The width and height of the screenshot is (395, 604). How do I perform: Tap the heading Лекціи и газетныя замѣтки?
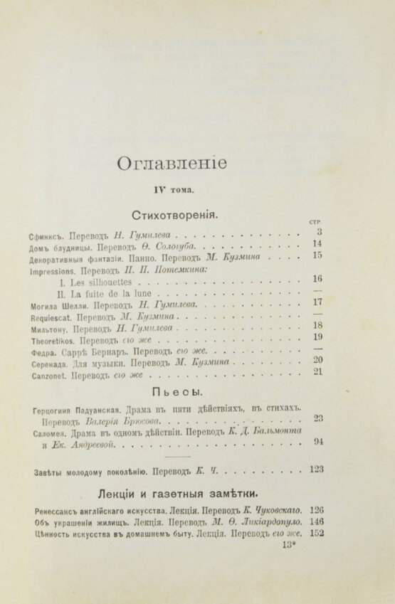pyautogui.click(x=178, y=492)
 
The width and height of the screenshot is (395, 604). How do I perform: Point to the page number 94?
pyautogui.click(x=318, y=442)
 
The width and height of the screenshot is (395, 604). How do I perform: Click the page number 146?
pyautogui.click(x=317, y=521)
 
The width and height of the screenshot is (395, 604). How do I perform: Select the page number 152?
pyautogui.click(x=317, y=534)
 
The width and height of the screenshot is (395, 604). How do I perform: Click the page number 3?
pyautogui.click(x=320, y=231)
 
